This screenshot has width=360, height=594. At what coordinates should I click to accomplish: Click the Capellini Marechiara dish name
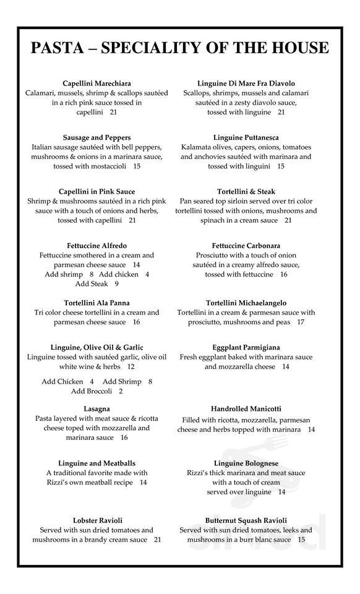96,83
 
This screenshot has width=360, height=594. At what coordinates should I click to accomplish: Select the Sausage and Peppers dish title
96,137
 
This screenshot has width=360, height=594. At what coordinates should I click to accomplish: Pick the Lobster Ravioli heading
96,520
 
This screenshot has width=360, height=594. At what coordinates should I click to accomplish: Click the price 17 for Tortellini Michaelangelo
301,322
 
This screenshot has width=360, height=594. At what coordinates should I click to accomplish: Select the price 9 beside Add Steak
116,284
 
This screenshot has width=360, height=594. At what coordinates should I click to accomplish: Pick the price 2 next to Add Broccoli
121,391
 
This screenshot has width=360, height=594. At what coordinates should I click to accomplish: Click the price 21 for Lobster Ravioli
157,540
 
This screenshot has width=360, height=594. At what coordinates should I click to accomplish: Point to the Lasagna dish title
96,409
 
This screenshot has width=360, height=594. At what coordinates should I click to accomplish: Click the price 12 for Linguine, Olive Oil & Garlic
131,367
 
